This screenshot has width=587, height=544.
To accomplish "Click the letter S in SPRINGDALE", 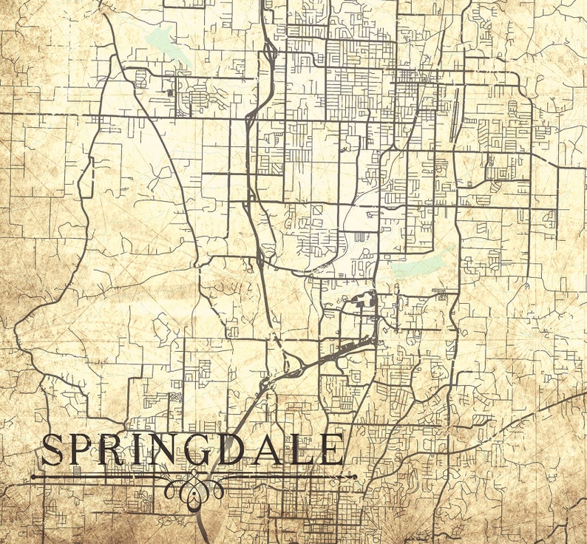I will pyautogui.click(x=52, y=451).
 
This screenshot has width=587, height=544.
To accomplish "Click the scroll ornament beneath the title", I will pyautogui.click(x=194, y=486).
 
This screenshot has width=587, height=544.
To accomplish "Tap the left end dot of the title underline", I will pyautogui.click(x=32, y=477).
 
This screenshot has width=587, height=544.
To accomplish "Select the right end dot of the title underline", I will pyautogui.click(x=356, y=477).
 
